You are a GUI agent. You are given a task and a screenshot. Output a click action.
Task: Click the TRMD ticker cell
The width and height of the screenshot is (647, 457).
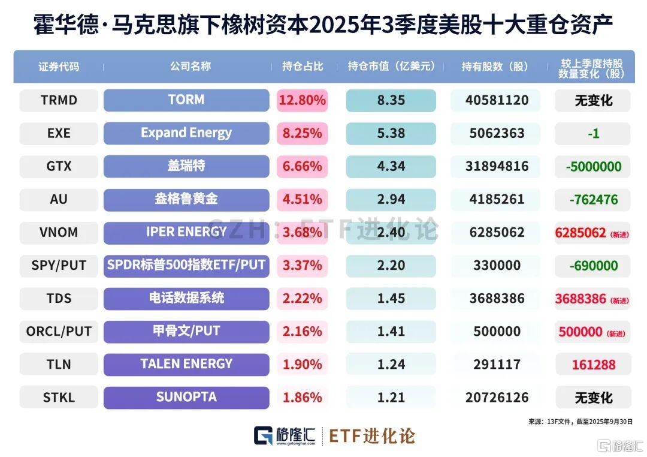(59, 100)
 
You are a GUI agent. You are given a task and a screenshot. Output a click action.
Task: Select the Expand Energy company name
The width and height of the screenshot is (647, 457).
(186, 133)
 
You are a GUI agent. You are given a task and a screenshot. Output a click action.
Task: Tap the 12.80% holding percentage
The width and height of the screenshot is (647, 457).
(302, 100)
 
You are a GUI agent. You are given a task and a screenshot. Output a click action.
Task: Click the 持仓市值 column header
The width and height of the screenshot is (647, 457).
(391, 67)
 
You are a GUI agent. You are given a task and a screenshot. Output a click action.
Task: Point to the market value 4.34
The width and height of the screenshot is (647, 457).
(391, 166)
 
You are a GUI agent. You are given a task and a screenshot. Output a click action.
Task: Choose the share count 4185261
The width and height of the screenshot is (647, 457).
(495, 199)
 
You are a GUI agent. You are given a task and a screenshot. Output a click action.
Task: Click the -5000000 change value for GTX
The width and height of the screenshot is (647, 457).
(593, 166)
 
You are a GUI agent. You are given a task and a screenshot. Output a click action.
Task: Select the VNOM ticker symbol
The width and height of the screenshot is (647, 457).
(59, 232)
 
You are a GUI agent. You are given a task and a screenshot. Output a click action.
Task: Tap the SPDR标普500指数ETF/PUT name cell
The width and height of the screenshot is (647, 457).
(186, 265)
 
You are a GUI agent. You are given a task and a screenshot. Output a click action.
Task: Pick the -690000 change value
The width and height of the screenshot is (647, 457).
(593, 265)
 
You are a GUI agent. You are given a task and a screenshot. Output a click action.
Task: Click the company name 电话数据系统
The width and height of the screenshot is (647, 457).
(186, 298)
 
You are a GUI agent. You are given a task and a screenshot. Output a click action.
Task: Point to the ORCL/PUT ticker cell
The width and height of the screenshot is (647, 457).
(59, 331)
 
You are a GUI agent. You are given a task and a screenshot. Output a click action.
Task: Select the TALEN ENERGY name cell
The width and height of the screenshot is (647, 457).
(186, 364)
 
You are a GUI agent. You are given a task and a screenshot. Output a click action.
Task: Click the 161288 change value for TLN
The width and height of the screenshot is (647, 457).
(593, 364)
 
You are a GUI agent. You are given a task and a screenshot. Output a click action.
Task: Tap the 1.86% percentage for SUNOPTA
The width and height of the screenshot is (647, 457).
(302, 397)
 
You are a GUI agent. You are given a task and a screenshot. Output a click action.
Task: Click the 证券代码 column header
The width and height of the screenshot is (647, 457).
(59, 67)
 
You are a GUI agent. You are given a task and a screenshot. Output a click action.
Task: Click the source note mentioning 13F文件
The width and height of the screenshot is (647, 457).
(581, 422)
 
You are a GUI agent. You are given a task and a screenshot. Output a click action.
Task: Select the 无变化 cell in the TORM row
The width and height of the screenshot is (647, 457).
(593, 100)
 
